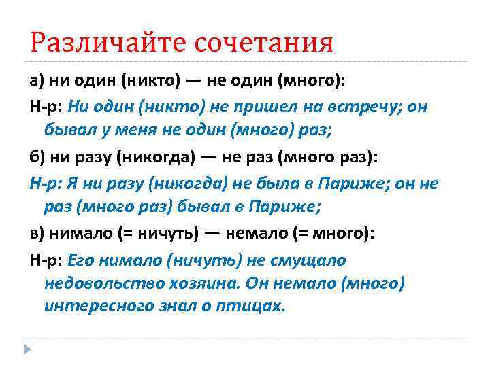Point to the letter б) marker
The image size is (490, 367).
click(x=37, y=158)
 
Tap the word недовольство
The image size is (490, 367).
click(x=98, y=283)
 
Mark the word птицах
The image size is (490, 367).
click(x=256, y=306)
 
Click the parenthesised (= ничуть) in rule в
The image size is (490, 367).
click(x=157, y=234)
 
